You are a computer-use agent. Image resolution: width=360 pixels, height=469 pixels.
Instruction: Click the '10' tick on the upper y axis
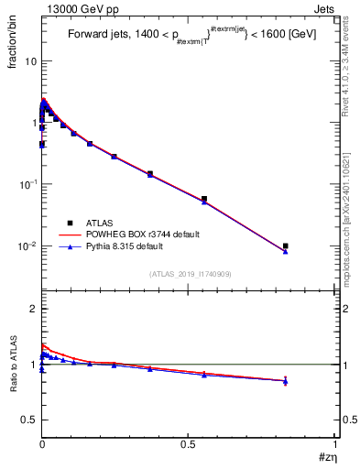tap(29, 60)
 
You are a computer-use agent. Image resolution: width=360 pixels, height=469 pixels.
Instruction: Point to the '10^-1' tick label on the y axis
tap(26, 184)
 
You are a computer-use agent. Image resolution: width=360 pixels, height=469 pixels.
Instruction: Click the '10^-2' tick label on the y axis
tap(26, 246)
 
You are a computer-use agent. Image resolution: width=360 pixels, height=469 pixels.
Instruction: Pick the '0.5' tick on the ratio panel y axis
tap(28, 420)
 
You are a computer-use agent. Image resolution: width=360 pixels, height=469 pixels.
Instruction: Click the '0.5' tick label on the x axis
tap(190, 442)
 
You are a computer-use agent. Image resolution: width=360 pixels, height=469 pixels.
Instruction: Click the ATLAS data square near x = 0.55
tap(204, 199)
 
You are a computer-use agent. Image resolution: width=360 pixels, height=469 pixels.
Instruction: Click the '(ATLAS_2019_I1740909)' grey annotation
tap(190, 274)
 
